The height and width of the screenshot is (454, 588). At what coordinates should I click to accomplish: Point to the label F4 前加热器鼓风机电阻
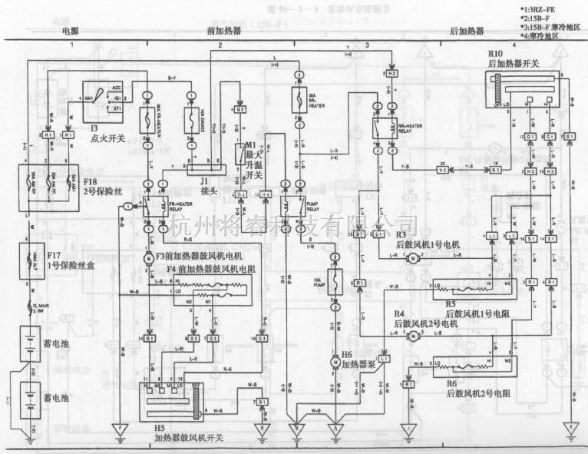(213, 270)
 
